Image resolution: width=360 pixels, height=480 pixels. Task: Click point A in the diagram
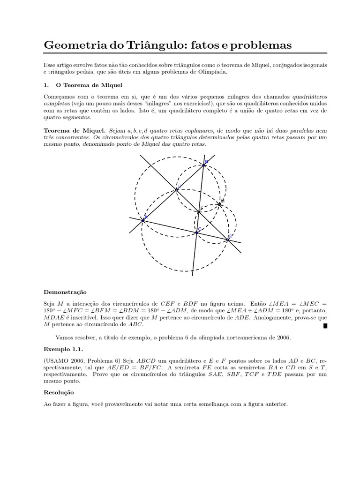point(143,218)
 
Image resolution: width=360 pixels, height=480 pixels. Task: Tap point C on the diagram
point(197,232)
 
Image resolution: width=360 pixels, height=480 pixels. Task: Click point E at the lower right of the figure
point(228,239)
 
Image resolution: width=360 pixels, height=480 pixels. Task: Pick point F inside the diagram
point(199,212)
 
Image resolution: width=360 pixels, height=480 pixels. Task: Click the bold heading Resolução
point(59,392)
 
